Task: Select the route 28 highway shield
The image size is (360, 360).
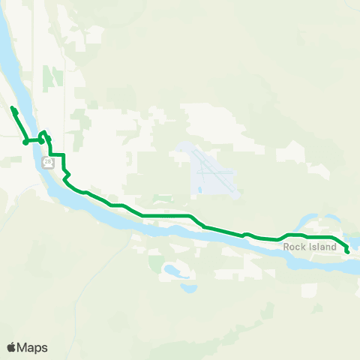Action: tap(48, 162)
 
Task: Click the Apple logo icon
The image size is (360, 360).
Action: tap(12, 347)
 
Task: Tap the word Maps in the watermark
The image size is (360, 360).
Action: tap(33, 347)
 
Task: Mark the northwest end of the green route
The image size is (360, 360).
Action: tap(13, 109)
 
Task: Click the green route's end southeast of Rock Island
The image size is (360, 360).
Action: tap(348, 252)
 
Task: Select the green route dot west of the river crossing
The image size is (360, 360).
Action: tap(25, 141)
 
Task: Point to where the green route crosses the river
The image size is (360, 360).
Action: tap(34, 139)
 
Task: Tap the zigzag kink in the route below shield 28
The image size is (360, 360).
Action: tap(67, 174)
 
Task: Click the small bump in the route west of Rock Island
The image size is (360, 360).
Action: tap(245, 234)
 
